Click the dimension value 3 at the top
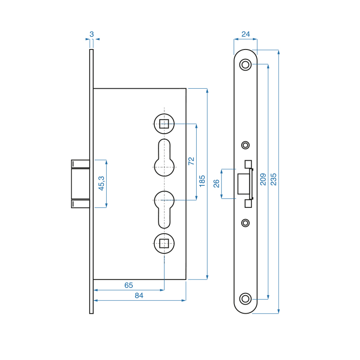pos(92,34)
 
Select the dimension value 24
pos(245,34)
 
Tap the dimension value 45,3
pos(101,183)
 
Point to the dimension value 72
pos(191,161)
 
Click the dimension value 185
pos(202,181)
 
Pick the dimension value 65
pos(129,285)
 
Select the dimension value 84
pos(139,295)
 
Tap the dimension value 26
pos(216,184)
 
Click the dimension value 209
pos(263,179)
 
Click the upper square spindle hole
pos(164,123)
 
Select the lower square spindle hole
pos(164,244)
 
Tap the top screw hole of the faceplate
pos(245,64)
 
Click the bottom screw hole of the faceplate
pos(245,298)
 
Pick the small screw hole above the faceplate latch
pos(245,145)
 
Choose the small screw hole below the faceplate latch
pos(245,223)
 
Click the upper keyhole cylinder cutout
pos(164,158)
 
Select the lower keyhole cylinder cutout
pos(164,208)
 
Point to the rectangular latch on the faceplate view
pos(244,184)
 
